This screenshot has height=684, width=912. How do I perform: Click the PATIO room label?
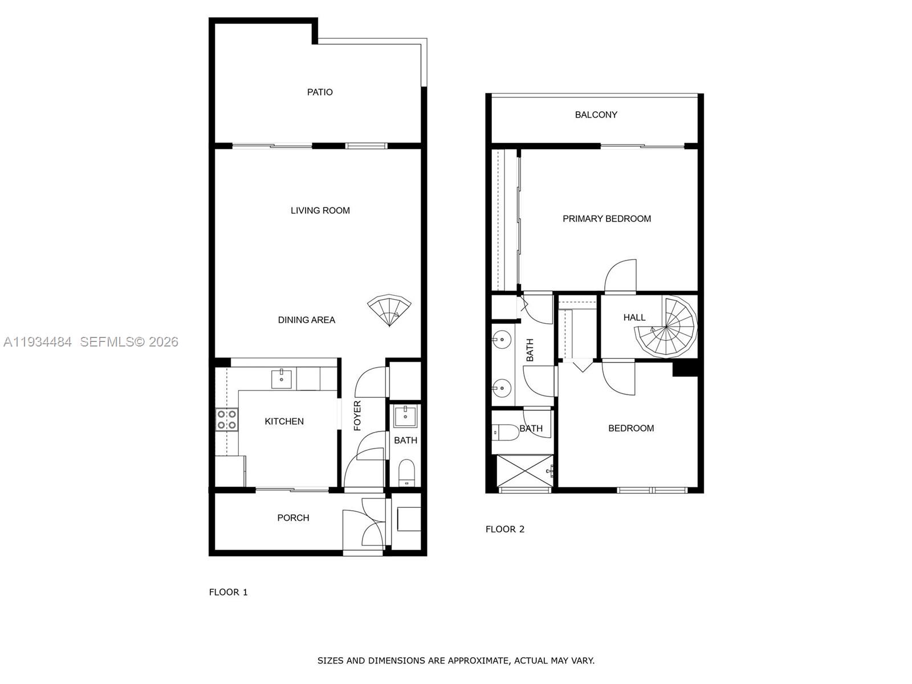(320, 92)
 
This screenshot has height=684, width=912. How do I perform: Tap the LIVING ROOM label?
(320, 210)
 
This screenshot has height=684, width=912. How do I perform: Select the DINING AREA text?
(306, 320)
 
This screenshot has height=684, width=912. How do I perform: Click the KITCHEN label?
(284, 421)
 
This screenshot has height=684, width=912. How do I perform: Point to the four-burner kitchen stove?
(227, 420)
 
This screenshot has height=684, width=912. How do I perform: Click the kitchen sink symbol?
(282, 379)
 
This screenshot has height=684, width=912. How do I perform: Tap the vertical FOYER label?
(357, 416)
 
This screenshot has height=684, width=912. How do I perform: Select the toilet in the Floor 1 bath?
(406, 473)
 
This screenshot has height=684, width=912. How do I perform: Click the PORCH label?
(293, 518)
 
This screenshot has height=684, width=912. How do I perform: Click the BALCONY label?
(596, 115)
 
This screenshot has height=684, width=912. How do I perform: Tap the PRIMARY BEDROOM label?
(606, 219)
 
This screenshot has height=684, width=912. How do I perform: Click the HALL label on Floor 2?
(634, 317)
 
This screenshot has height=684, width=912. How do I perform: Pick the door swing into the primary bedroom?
(620, 276)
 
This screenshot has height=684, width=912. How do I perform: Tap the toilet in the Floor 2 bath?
(504, 432)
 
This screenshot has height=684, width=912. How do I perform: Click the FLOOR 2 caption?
(504, 529)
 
